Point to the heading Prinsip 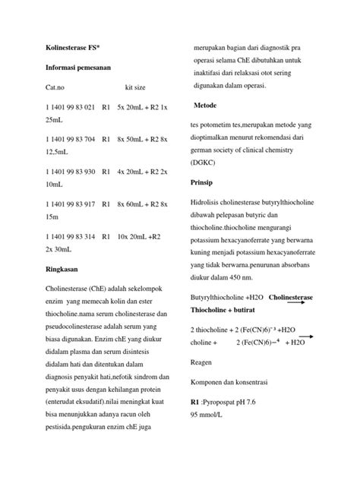tap(201, 183)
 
